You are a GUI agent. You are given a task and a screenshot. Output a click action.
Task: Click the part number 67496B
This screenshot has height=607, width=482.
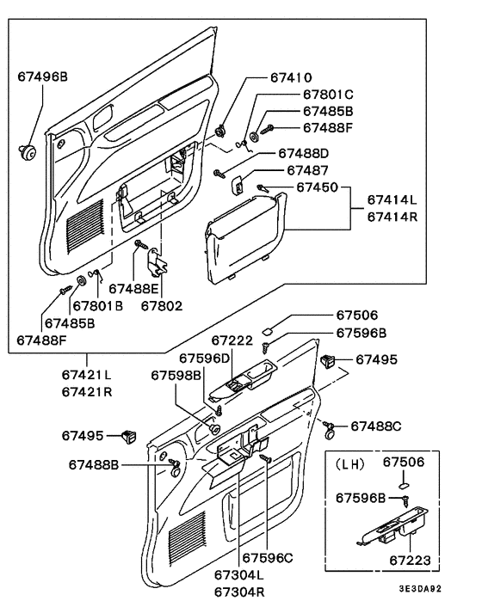click(x=42, y=77)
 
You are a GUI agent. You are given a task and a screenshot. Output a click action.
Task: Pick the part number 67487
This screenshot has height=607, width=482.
click(x=309, y=169)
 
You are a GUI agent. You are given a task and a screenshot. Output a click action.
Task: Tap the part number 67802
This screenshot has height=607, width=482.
click(x=163, y=304)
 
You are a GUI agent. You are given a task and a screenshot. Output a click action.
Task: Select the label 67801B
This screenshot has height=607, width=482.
click(x=97, y=304)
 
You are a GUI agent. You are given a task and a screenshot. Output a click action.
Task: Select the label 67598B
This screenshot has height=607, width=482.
click(x=176, y=375)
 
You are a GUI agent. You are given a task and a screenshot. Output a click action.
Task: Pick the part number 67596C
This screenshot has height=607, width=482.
click(x=267, y=557)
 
